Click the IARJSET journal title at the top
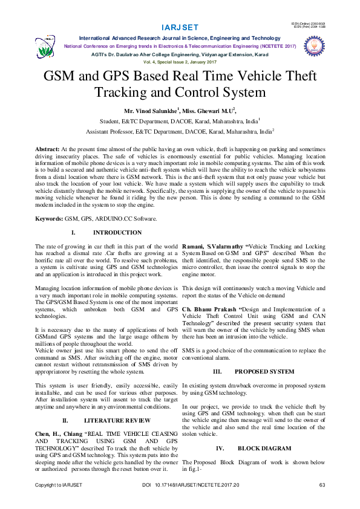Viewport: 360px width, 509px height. pyautogui.click(x=180, y=28)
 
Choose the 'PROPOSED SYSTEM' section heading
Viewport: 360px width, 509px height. pyautogui.click(x=264, y=372)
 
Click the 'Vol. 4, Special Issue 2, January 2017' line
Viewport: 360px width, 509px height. pyautogui.click(x=180, y=62)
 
